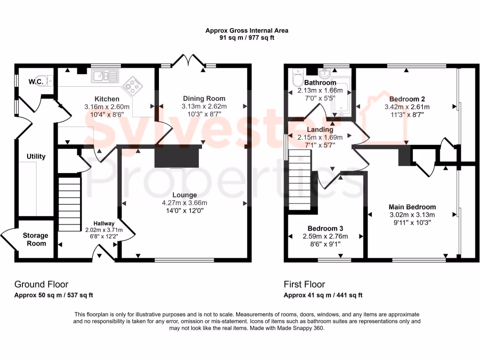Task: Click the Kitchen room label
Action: (107, 99)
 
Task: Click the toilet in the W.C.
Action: (49, 81)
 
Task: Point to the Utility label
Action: (36, 157)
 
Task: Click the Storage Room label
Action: (35, 240)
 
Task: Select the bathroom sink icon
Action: (324, 74)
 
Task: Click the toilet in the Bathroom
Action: (297, 75)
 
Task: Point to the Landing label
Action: (320, 129)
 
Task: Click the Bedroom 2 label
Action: (407, 99)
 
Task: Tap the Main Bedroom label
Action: (412, 207)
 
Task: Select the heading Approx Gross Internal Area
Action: (247, 30)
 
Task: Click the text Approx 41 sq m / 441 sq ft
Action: (323, 295)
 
